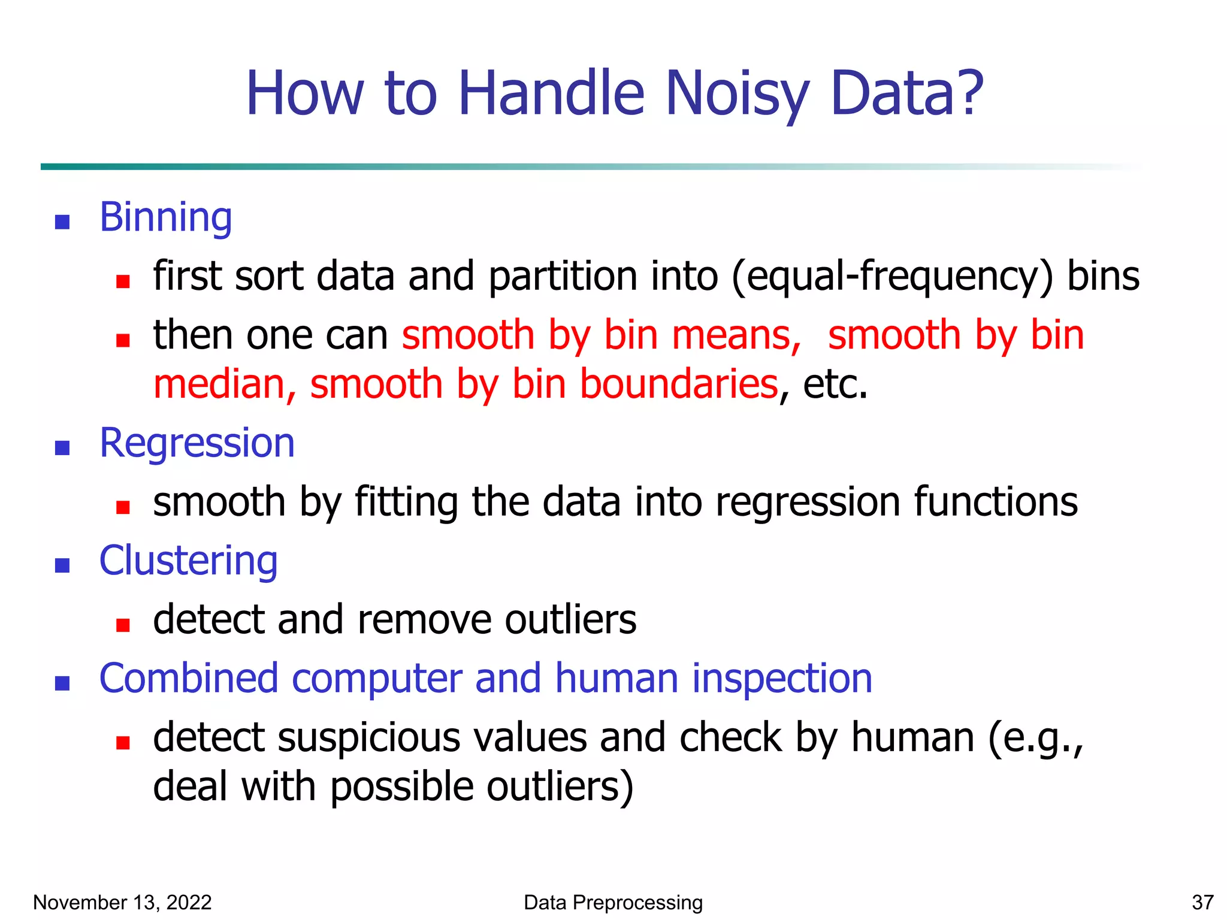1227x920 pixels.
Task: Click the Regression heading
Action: pyautogui.click(x=197, y=443)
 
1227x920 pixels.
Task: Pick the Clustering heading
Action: pyautogui.click(x=188, y=561)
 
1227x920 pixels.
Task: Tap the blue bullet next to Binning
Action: pyautogui.click(x=62, y=222)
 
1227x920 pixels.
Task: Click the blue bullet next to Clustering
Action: pyautogui.click(x=62, y=565)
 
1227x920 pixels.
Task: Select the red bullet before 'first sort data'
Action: pyautogui.click(x=123, y=282)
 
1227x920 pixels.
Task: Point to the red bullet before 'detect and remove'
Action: pyautogui.click(x=123, y=625)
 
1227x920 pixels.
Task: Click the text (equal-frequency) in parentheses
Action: pyautogui.click(x=891, y=277)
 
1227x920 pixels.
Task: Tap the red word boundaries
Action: pyautogui.click(x=678, y=384)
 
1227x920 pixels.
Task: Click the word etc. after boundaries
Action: pyautogui.click(x=835, y=384)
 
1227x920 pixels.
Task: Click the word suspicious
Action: pyautogui.click(x=366, y=738)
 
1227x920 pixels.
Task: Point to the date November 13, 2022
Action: pyautogui.click(x=122, y=902)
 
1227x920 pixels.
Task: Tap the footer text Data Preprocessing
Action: pyautogui.click(x=613, y=902)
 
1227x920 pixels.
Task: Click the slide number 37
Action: pyautogui.click(x=1202, y=902)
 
